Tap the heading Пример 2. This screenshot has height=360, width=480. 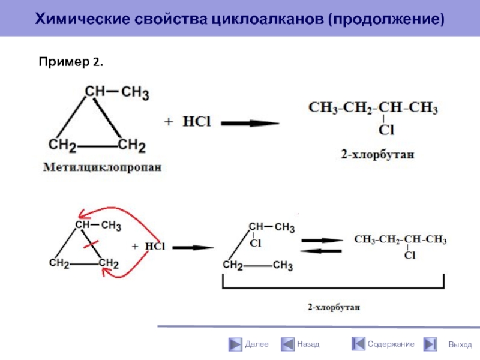coord(71,61)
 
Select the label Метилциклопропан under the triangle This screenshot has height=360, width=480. coord(102,168)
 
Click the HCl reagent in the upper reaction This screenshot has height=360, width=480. coord(197,122)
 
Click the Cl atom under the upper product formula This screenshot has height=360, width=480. coord(386,129)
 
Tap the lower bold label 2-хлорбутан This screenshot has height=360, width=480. coord(334,307)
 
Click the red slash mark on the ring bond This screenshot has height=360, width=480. coord(92,245)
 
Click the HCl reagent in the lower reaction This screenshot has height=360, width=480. coord(155,247)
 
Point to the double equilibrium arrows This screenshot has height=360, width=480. coord(322,246)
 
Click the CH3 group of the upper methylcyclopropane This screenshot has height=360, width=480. coord(135,92)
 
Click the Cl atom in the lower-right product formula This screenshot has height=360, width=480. coord(409,256)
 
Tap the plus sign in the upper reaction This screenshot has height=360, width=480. coord(169,122)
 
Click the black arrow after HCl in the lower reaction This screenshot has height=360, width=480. coord(193,247)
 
